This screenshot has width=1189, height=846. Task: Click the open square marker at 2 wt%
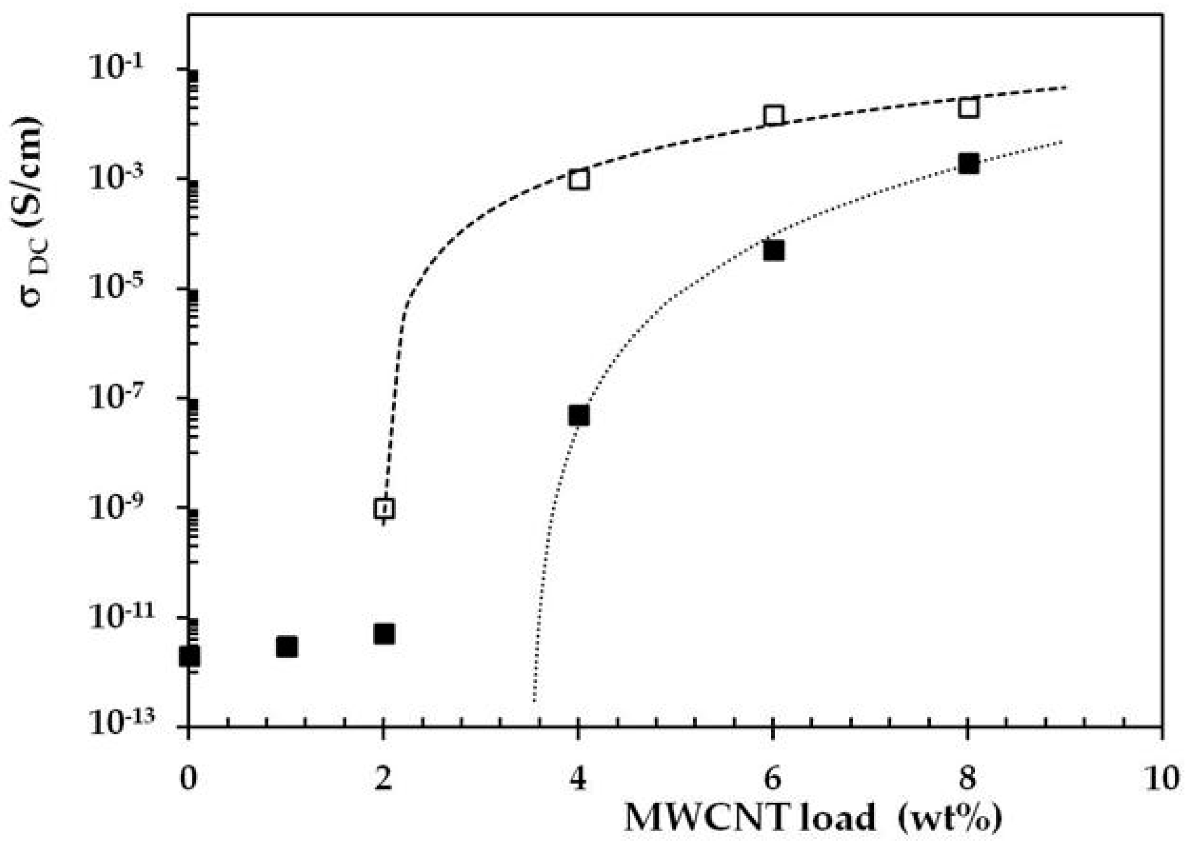384,508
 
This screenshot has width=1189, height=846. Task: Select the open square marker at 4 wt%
579,180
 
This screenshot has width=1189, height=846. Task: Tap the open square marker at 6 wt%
774,116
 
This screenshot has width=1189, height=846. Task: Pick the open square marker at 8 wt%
968,108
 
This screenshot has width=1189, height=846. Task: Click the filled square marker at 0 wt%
189,656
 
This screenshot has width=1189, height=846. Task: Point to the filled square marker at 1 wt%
287,647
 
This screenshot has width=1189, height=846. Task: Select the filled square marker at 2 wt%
384,634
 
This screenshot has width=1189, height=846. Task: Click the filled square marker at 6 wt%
774,251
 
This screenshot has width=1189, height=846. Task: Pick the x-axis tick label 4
578,780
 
